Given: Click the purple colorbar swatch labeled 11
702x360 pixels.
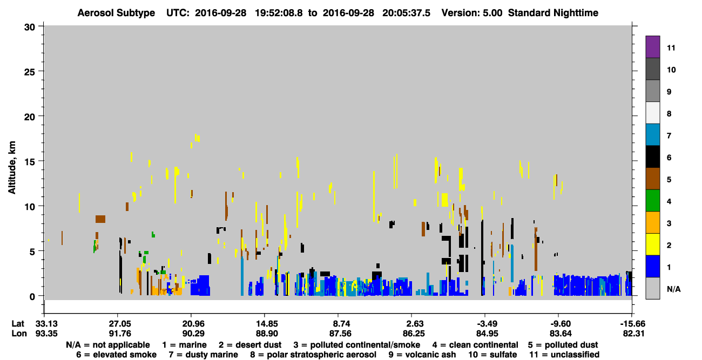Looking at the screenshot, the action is [x=652, y=46].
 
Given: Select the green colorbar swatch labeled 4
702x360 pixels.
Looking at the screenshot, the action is [x=652, y=201].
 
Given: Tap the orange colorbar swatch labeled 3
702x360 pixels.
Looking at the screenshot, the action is [x=652, y=222].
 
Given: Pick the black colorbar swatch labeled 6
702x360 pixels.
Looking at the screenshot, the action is [x=652, y=157].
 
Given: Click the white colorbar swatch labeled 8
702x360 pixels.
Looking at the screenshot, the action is [x=652, y=113].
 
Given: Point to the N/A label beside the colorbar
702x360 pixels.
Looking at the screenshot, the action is [x=673, y=289].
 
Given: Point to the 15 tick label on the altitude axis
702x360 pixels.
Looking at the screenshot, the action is [x=30, y=162].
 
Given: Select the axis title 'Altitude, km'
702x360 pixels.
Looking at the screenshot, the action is [x=11, y=168].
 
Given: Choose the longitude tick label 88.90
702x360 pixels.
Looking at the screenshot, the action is [x=267, y=334].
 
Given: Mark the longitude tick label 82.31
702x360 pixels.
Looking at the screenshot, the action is [x=633, y=334].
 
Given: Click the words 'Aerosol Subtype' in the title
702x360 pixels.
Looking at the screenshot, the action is [x=116, y=13].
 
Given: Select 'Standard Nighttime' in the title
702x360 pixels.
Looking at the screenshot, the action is [x=553, y=13].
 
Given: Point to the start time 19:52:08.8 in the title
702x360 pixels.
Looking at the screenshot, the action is [x=279, y=13].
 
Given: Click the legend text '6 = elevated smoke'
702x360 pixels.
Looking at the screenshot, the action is [x=116, y=355].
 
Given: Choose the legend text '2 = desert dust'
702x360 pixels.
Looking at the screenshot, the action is [x=250, y=345].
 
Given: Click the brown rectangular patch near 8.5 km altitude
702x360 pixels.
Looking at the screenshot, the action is [x=100, y=219].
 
